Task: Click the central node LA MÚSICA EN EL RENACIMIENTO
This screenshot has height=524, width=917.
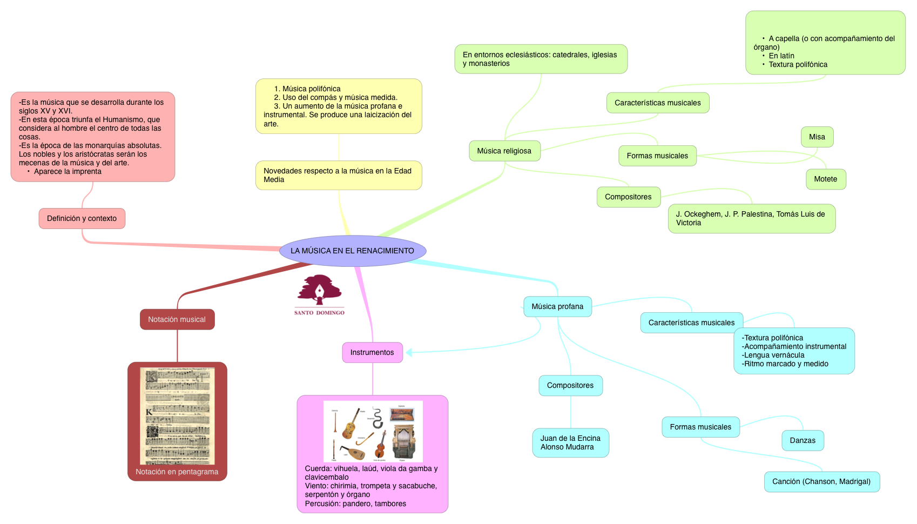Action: coord(353,251)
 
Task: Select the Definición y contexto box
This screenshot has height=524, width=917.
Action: coord(82,218)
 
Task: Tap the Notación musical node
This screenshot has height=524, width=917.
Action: coord(177,319)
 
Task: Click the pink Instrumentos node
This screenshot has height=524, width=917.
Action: coord(372,352)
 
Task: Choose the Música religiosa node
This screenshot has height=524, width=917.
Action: coord(504,151)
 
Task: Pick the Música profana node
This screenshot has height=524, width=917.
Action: coord(557,306)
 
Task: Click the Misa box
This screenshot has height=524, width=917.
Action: coord(817,137)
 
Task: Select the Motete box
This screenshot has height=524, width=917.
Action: coord(825,179)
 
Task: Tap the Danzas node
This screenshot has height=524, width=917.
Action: coord(803,440)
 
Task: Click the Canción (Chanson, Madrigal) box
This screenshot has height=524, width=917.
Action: coord(821,481)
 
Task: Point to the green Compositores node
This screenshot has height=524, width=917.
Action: coord(628,197)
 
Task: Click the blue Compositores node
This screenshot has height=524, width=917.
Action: coord(570,385)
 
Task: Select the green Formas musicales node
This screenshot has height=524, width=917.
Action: coord(657,156)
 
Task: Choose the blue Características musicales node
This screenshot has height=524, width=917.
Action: coord(691,323)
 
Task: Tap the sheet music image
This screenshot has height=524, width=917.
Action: coord(177,415)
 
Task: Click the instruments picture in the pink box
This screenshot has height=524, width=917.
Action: coord(373,431)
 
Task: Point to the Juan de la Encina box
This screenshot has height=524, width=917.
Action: coord(570,442)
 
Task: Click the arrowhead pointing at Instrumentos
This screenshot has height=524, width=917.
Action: coord(409,352)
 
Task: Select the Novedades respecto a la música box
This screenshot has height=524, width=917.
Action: coord(338,175)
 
